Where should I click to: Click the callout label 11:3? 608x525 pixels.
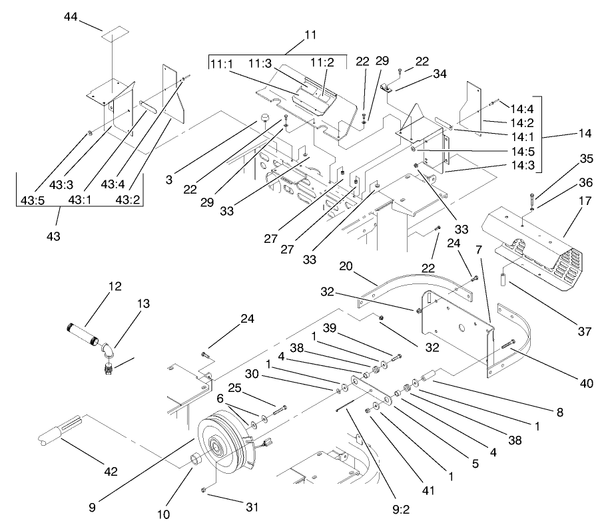coord(260,63)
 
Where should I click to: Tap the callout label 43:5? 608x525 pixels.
coord(33,200)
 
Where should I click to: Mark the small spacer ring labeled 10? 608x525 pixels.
coord(197,460)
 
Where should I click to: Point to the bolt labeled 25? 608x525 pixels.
coord(278,408)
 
